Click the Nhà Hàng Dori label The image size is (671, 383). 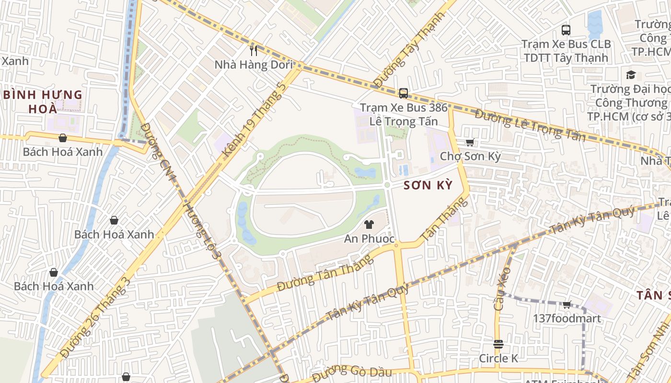coord(253,65)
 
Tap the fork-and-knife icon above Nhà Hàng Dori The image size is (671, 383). coord(254,50)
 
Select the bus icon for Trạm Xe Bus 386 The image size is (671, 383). coord(404,93)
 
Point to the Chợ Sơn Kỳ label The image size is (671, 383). coord(470,156)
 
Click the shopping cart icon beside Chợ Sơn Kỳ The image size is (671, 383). coord(470,142)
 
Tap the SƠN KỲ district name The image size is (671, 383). coord(428,185)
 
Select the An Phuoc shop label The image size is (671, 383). coord(369,238)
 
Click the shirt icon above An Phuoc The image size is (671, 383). coord(369,224)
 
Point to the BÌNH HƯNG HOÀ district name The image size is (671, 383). coord(43,101)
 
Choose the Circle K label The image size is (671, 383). coord(498,358)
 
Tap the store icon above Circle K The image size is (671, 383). coord(498,344)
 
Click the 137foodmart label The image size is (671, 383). coord(567,318)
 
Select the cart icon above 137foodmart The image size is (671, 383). coord(567,304)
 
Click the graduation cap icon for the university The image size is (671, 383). coord(631,75)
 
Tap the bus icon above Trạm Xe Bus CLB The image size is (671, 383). coord(566,30)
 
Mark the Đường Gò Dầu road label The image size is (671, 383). coord(352,372)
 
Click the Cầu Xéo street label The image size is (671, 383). coord(502,289)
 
